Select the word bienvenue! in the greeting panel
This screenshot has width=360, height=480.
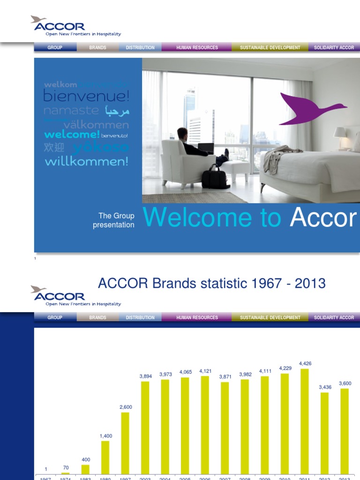tap(86, 97)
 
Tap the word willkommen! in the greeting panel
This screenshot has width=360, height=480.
tap(86, 162)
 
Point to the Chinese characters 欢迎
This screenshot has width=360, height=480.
tap(54, 147)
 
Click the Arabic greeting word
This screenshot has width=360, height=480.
tap(117, 111)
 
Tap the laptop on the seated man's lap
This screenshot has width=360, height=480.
tap(206, 148)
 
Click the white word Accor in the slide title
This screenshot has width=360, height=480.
tap(323, 218)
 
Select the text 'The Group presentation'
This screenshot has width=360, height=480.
tap(113, 220)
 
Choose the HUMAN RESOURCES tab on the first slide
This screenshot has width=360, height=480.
tap(197, 47)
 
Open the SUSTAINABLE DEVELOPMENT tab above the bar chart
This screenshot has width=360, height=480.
tap(270, 317)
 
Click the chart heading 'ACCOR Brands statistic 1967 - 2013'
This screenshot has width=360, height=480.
tap(211, 283)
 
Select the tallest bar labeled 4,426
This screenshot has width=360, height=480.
tap(305, 421)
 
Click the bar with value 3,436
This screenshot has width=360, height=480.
tap(324, 433)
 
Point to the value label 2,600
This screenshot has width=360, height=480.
tap(126, 407)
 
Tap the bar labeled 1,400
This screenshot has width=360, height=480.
tap(105, 457)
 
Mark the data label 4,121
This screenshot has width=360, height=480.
tap(205, 371)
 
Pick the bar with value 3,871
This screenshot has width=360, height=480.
tap(225, 427)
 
